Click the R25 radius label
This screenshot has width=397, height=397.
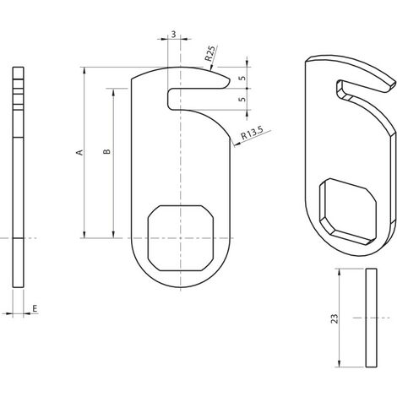211,53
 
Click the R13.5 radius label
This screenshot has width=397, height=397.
253,133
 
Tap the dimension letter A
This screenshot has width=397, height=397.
80,152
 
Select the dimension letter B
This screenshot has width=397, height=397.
106,151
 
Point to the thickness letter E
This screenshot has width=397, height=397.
35,309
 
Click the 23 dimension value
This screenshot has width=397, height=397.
334,318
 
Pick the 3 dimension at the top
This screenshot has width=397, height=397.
173,35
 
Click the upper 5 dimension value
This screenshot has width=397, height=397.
242,78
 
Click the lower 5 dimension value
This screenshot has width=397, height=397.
242,99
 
